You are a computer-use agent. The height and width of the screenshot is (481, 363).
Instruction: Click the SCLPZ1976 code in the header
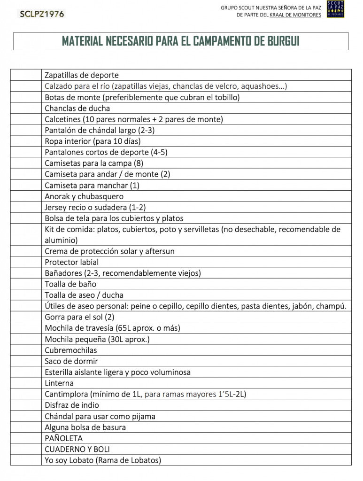point(42,14)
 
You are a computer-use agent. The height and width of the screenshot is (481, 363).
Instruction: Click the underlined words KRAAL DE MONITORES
point(295,15)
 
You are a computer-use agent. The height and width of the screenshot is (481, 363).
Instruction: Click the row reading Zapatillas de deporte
point(82,75)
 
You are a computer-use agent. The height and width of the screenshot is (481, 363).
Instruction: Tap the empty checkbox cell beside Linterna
point(26,383)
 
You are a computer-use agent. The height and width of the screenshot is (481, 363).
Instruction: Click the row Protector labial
point(72,262)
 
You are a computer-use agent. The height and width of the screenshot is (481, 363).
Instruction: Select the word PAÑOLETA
point(63,438)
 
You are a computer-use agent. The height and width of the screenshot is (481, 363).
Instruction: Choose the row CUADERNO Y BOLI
point(77,449)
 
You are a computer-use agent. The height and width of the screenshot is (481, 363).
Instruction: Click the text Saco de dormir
point(71,361)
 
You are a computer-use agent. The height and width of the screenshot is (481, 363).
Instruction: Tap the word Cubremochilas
point(71,350)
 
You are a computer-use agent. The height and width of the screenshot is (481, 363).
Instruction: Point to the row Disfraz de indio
point(72,405)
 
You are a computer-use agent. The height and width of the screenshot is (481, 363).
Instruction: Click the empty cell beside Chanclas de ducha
point(26,108)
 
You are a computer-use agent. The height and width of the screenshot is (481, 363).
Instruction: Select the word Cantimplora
point(66,394)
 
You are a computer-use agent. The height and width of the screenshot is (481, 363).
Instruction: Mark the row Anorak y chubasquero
point(84,196)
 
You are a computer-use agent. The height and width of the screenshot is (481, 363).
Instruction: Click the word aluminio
point(61,240)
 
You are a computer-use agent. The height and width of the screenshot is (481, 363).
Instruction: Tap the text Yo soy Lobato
point(69,460)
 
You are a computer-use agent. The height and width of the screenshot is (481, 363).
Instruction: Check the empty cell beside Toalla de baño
point(26,284)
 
